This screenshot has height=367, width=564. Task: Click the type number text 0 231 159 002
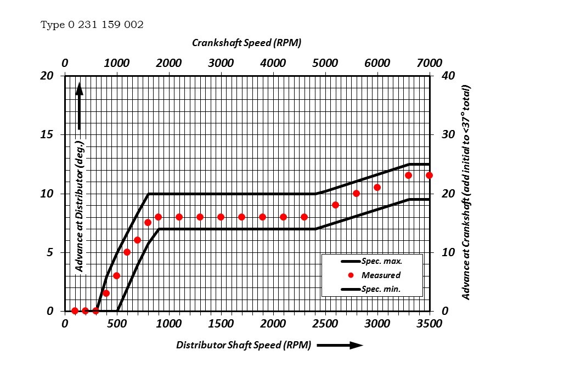click(x=92, y=25)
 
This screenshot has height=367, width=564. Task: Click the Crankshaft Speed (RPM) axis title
click(x=246, y=43)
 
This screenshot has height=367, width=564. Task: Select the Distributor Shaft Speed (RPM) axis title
click(x=244, y=345)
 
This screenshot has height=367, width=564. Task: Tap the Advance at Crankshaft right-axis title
click(x=466, y=192)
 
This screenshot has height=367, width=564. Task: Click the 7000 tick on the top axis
click(x=429, y=63)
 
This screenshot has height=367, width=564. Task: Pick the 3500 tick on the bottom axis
click(x=429, y=324)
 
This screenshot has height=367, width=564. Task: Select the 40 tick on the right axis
click(x=448, y=75)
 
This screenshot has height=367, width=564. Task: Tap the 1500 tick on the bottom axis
click(x=221, y=324)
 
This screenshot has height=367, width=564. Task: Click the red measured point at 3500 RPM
click(x=429, y=176)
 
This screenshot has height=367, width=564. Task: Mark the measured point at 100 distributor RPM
click(x=75, y=310)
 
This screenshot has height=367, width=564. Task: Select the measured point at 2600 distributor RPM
click(x=335, y=205)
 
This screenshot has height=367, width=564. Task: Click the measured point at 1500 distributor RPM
click(x=221, y=217)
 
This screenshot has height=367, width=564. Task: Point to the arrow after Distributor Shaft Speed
click(x=340, y=345)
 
